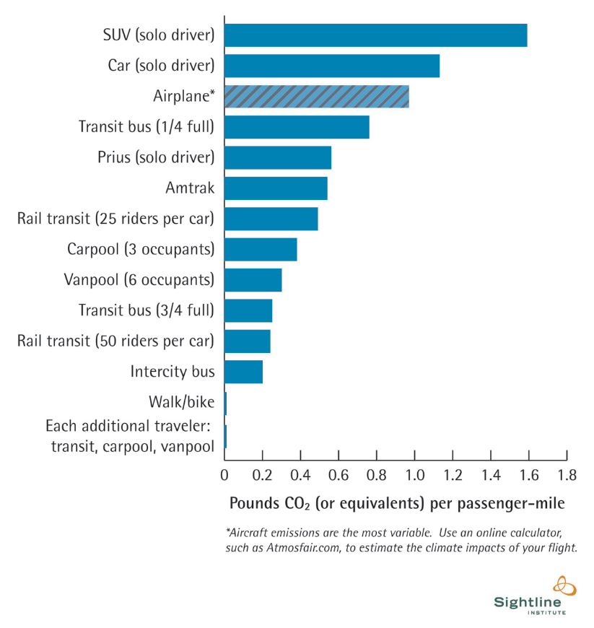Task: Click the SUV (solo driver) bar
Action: pos(375,35)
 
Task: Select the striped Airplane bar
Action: pos(316,97)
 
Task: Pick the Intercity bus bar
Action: pos(243,372)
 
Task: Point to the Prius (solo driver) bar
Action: pos(278,157)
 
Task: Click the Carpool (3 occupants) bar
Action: pos(261,249)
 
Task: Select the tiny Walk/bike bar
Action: pos(225,403)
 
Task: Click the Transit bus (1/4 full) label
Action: pos(147,127)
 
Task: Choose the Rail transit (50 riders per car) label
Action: pos(115,341)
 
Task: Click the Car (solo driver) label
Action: pos(161,66)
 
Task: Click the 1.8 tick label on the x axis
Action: pos(567,475)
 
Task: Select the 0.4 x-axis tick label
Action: pos(300,475)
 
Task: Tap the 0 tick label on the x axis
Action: pos(224,475)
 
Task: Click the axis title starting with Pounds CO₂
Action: pos(396,502)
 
